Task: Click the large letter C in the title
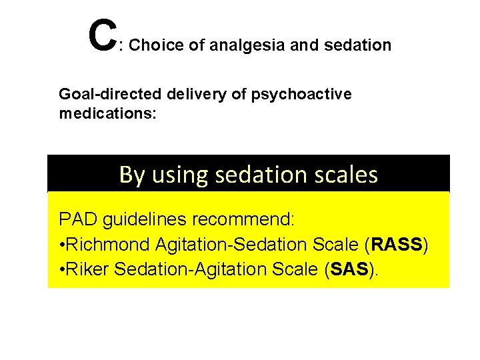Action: pyautogui.click(x=101, y=35)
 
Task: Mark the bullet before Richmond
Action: pyautogui.click(x=61, y=245)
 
